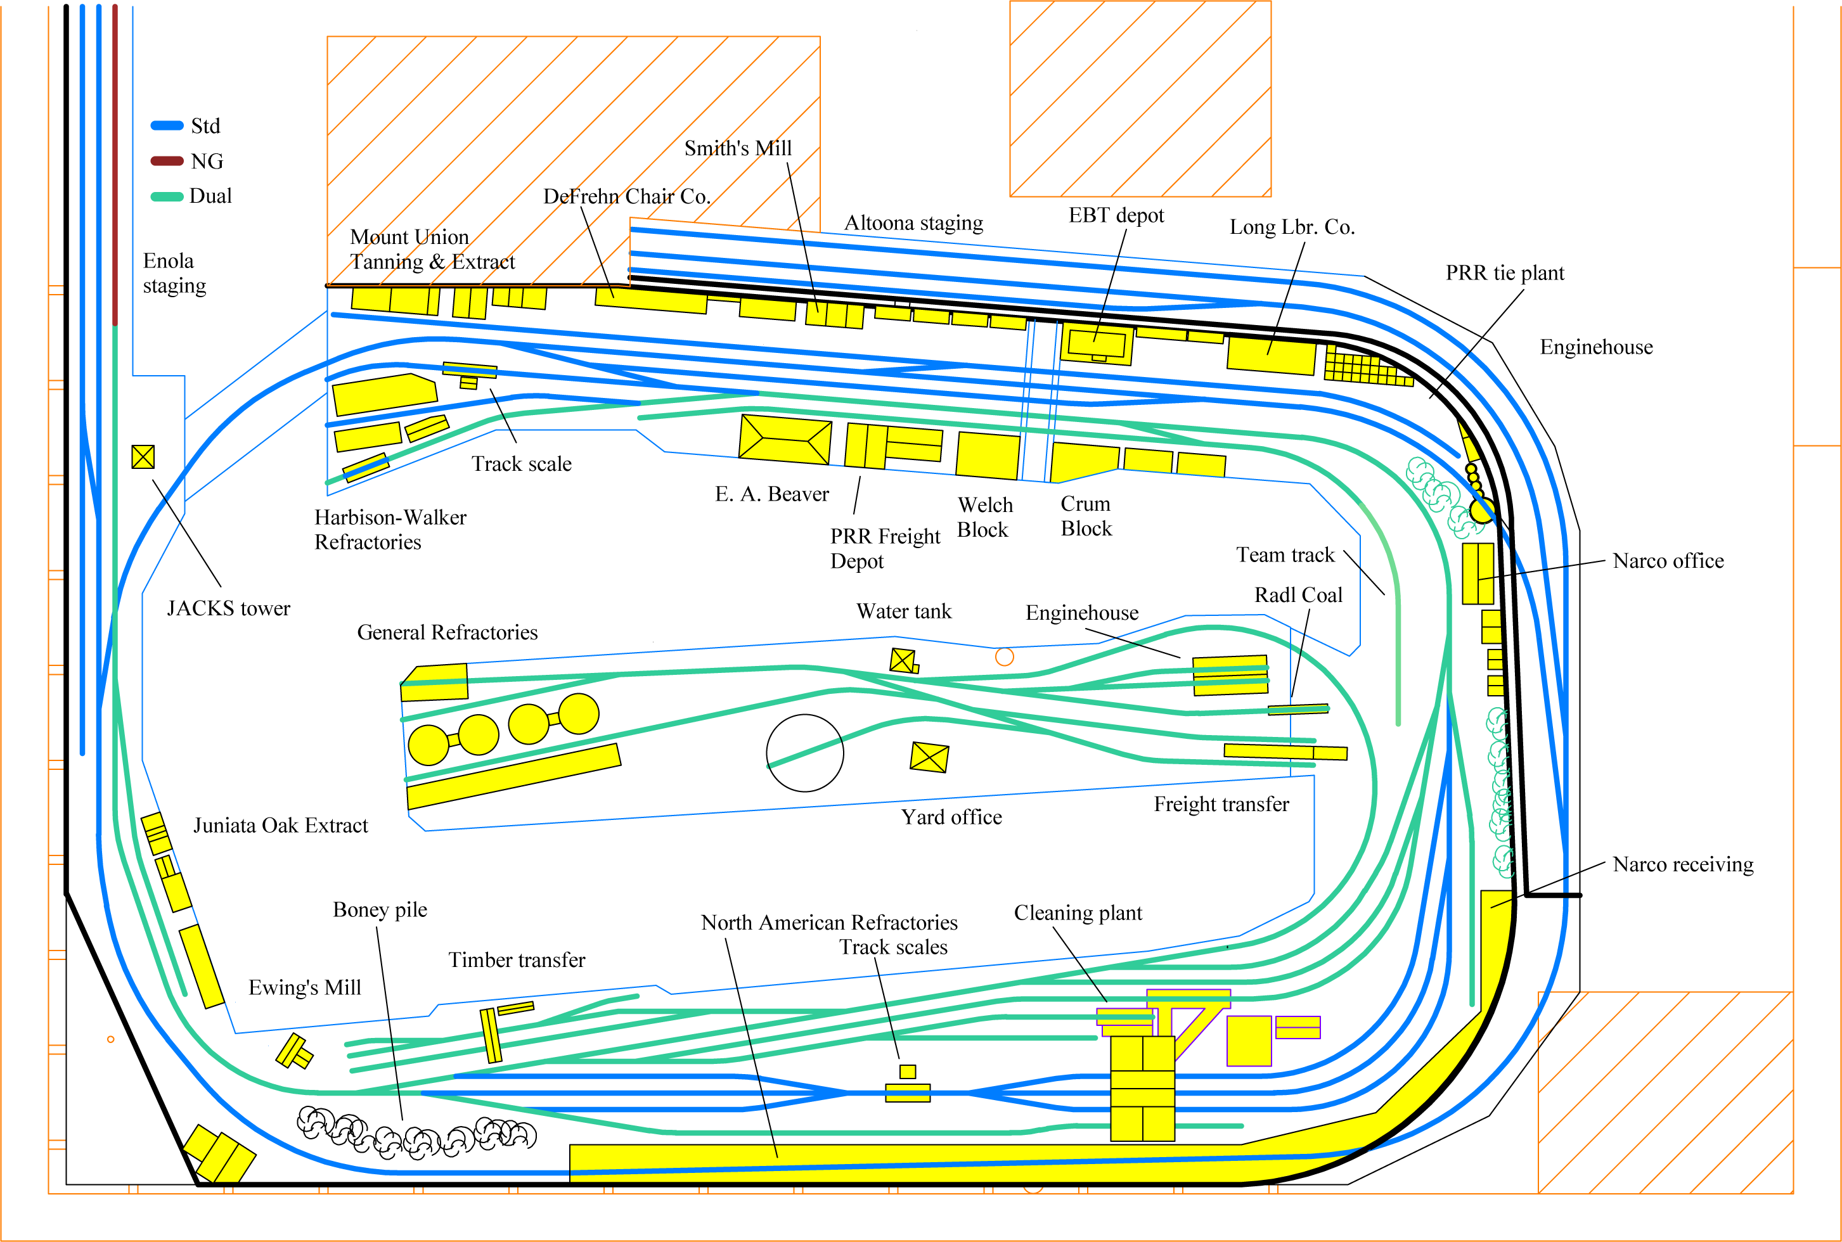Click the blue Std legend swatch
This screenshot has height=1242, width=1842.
tap(167, 125)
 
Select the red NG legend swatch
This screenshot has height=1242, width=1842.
tap(167, 161)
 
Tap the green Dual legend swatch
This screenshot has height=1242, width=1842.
tap(167, 196)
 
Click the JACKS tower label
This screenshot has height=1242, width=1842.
tap(228, 608)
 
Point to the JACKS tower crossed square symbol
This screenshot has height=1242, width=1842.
tap(143, 456)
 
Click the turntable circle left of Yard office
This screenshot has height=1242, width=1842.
tap(805, 753)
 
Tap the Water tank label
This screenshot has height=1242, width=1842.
tap(903, 611)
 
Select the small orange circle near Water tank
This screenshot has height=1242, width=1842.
tap(1004, 656)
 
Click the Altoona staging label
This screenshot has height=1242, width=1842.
tap(913, 222)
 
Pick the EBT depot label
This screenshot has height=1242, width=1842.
tap(1116, 215)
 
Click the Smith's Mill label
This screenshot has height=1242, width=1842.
tap(738, 148)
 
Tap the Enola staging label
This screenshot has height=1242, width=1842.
tap(174, 273)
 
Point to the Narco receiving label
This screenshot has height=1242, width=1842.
tap(1683, 864)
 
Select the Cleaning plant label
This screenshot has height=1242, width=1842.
tap(1078, 912)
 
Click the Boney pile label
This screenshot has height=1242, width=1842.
tap(380, 909)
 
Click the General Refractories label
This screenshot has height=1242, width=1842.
tap(447, 632)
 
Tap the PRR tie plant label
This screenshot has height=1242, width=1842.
tap(1505, 273)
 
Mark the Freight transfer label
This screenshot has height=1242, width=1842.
tap(1221, 804)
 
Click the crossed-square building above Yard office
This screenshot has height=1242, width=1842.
tap(929, 757)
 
